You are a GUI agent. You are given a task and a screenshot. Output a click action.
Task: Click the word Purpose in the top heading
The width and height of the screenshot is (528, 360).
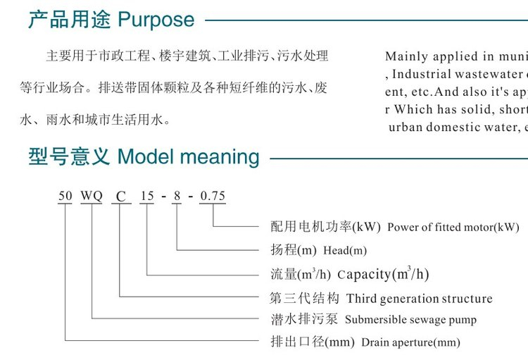(x=156, y=19)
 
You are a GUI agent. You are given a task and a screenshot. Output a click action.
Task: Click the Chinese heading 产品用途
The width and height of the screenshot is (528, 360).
(x=70, y=19)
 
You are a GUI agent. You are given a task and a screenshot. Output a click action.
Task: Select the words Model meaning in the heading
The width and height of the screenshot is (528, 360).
(x=189, y=156)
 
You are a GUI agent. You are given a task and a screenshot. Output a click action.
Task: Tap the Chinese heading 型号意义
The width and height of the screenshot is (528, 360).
(x=70, y=156)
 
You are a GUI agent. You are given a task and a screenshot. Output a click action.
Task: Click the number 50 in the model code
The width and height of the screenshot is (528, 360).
(x=65, y=196)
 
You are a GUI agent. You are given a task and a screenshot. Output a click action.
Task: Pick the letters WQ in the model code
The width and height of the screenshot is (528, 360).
(x=92, y=196)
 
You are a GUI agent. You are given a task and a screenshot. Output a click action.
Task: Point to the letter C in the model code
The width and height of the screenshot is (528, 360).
(x=121, y=197)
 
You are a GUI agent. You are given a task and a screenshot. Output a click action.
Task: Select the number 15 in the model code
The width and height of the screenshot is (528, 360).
(x=146, y=196)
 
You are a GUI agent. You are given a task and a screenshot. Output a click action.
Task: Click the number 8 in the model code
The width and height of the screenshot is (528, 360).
(x=177, y=196)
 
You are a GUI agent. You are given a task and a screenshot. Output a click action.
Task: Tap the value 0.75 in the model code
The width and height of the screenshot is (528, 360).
(x=212, y=196)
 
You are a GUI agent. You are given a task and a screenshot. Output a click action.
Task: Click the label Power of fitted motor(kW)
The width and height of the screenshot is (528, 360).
(x=453, y=228)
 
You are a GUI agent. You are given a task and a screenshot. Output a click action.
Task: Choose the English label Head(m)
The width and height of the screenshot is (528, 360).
(x=345, y=250)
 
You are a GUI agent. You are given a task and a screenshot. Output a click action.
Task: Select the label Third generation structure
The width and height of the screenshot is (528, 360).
(x=419, y=298)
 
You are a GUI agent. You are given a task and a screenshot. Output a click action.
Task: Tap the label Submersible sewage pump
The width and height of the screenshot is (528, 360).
(x=410, y=320)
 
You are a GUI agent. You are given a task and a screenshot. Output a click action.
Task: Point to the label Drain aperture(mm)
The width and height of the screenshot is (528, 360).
(x=410, y=343)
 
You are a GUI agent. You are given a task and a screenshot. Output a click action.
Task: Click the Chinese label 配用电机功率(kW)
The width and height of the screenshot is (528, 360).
(x=325, y=227)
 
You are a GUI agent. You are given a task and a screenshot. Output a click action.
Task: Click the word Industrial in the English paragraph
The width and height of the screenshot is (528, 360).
(x=425, y=73)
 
